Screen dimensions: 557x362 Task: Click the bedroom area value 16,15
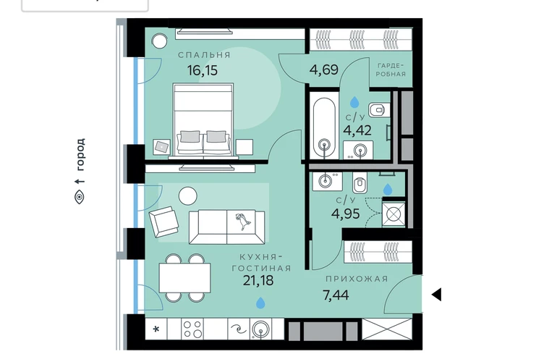click(203, 70)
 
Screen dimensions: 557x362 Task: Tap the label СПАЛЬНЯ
click(204, 55)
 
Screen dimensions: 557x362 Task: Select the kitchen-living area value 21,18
click(258, 280)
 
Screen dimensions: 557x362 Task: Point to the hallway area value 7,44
click(336, 295)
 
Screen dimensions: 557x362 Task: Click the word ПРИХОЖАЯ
click(357, 279)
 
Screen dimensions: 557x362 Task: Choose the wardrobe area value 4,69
click(323, 70)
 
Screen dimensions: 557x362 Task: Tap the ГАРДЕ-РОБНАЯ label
click(391, 70)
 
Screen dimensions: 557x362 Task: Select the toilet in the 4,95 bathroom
click(360, 182)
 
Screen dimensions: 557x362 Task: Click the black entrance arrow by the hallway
click(437, 295)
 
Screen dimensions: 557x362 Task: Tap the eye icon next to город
click(80, 197)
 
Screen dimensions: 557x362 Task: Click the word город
click(80, 155)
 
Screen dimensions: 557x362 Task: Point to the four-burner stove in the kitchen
click(192, 329)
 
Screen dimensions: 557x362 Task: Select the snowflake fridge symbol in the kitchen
click(156, 329)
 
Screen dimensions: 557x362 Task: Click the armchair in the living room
click(163, 222)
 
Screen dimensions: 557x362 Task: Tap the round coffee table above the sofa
click(187, 195)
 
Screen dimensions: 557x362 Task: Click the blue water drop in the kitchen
click(260, 303)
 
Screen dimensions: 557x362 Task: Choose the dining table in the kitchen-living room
click(184, 278)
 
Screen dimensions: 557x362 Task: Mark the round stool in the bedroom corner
click(159, 41)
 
